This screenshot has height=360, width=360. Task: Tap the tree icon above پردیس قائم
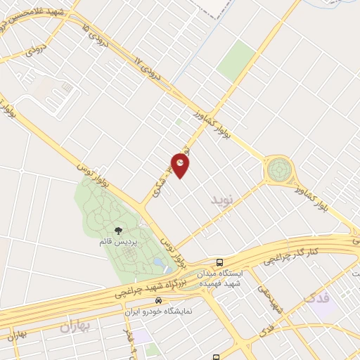[118, 230]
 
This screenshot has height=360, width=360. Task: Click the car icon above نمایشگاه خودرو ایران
[159, 300]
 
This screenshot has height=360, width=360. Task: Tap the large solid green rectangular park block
[236, 60]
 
